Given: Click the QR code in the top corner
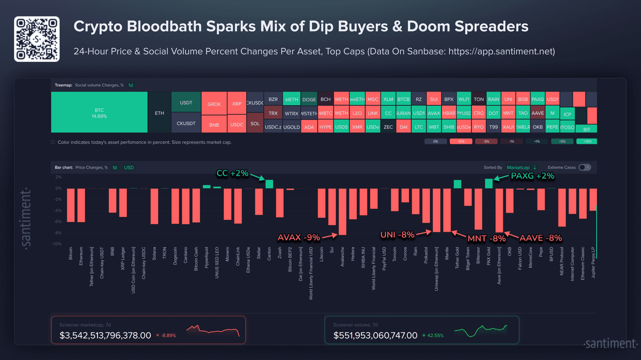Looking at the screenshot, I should pyautogui.click(x=37, y=39).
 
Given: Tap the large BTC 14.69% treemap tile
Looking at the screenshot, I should pyautogui.click(x=99, y=113).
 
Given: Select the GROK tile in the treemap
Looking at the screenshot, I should pyautogui.click(x=214, y=104).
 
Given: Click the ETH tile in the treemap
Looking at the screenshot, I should pyautogui.click(x=159, y=113).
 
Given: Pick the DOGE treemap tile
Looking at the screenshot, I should pyautogui.click(x=309, y=99).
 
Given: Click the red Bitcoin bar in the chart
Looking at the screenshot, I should pyautogui.click(x=71, y=205).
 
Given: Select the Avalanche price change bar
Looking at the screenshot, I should pyautogui.click(x=342, y=211).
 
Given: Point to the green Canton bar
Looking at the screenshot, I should pyautogui.click(x=269, y=184).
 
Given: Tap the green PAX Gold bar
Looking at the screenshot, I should pyautogui.click(x=489, y=183).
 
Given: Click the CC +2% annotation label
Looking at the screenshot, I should pyautogui.click(x=232, y=173).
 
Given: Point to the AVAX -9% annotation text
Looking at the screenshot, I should pyautogui.click(x=299, y=238).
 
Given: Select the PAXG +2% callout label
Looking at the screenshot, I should pyautogui.click(x=532, y=176).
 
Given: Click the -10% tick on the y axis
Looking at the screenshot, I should pyautogui.click(x=57, y=244).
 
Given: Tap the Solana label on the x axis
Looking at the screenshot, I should pyautogui.click(x=154, y=254).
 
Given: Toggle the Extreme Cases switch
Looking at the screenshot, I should pyautogui.click(x=585, y=167).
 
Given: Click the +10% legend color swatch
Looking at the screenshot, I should pyautogui.click(x=586, y=142).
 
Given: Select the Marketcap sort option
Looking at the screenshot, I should pyautogui.click(x=518, y=167).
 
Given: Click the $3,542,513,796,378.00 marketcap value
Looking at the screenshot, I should pyautogui.click(x=105, y=335).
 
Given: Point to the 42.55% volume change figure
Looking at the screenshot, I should pyautogui.click(x=435, y=335).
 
